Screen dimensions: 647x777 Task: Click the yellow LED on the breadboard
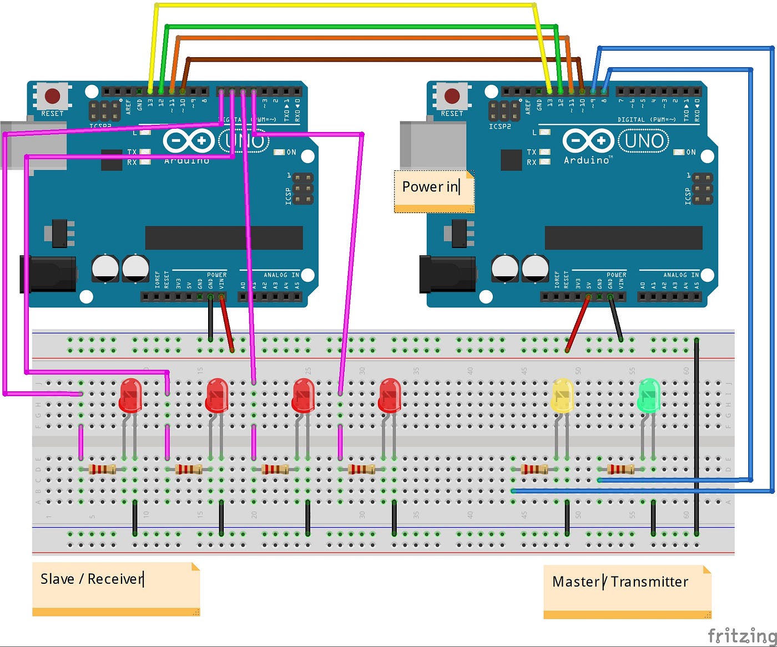pyautogui.click(x=562, y=395)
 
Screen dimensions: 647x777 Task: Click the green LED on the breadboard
pyautogui.click(x=649, y=395)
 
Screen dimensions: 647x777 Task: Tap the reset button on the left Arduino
pyautogui.click(x=52, y=96)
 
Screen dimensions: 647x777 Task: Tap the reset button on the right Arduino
pyautogui.click(x=452, y=96)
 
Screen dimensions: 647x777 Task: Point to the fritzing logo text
pyautogui.click(x=741, y=635)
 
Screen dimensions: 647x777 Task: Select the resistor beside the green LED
pyautogui.click(x=620, y=469)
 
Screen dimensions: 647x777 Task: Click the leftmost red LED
pyautogui.click(x=130, y=395)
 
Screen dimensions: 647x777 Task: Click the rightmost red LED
pyautogui.click(x=390, y=395)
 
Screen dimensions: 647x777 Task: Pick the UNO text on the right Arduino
pyautogui.click(x=644, y=141)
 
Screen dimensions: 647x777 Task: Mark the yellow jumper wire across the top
pyautogui.click(x=344, y=5)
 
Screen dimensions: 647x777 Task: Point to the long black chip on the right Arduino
pyautogui.click(x=623, y=237)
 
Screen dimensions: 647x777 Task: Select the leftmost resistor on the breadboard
pyautogui.click(x=103, y=469)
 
